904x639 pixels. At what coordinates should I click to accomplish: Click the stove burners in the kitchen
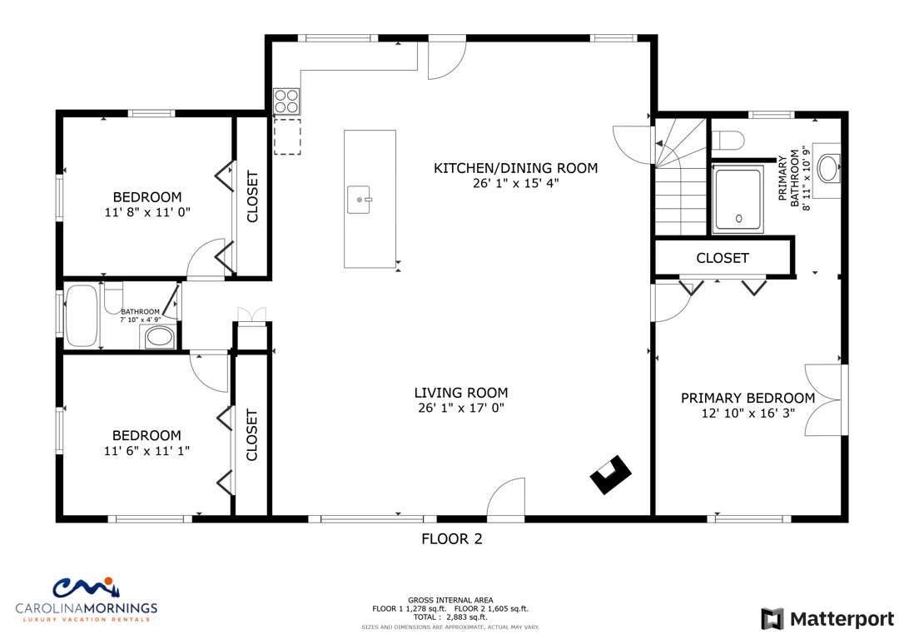pos(286,101)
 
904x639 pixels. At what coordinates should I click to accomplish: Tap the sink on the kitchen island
pos(359,200)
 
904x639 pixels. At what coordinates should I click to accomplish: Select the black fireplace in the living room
pos(610,474)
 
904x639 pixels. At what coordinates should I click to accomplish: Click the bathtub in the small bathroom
pos(81,315)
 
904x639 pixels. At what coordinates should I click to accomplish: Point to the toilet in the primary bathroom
pos(728,140)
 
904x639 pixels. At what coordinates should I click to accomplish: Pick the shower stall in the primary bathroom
pos(738,200)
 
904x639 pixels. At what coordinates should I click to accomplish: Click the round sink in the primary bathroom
pos(829,168)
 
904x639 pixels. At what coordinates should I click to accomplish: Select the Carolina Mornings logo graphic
pos(87,587)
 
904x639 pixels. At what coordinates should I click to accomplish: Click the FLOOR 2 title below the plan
pos(452,539)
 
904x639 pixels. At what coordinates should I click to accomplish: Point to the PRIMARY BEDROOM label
pos(748,398)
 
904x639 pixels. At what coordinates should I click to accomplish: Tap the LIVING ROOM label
pos(461,393)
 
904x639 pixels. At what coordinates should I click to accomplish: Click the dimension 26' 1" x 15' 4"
pos(515,183)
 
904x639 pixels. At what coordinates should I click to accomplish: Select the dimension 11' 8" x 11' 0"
pos(147,212)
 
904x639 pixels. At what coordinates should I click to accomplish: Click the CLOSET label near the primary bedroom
pos(723,258)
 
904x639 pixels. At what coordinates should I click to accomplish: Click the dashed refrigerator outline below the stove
pos(287,136)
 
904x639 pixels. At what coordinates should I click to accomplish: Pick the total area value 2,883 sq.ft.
pos(467,617)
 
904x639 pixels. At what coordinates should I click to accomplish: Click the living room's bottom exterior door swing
pos(505,499)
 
